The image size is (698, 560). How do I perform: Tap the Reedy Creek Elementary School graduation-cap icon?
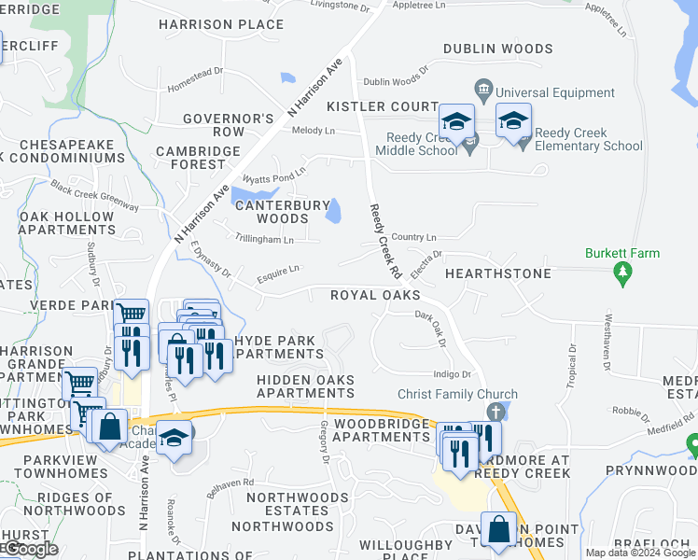[512, 121]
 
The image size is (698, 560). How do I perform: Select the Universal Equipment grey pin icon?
[483, 92]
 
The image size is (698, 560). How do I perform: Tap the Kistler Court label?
[382, 107]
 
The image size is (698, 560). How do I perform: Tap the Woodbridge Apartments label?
[380, 428]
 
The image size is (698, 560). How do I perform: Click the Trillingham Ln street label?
[265, 240]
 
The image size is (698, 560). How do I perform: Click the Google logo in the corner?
[30, 549]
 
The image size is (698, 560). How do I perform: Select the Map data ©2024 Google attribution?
[640, 553]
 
